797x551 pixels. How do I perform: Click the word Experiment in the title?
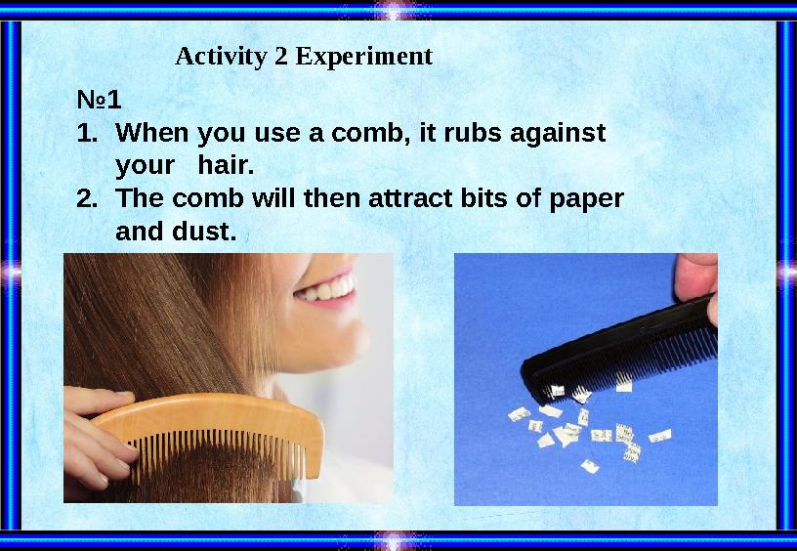(x=363, y=58)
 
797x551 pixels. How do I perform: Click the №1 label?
(x=99, y=100)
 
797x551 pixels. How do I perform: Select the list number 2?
(x=87, y=198)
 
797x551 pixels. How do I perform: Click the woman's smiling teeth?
(x=329, y=290)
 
